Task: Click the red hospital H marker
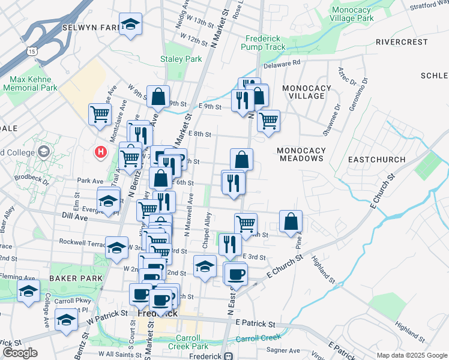(101, 152)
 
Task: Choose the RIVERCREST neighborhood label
(402, 42)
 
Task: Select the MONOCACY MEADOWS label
(301, 154)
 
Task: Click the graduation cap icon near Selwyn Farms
(130, 25)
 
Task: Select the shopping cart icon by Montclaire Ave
(100, 114)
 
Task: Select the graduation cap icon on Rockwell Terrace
(116, 247)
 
